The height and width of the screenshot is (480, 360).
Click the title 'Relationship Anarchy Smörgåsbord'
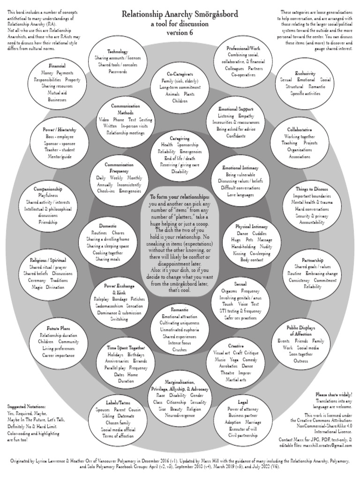(x=180, y=14)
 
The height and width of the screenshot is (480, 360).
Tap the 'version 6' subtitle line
(x=180, y=32)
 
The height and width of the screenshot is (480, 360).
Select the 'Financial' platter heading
(x=57, y=66)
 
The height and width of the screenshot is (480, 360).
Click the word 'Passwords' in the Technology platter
(x=118, y=72)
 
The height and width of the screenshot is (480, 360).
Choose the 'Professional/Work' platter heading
(x=244, y=48)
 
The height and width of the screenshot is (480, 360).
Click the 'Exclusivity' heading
(x=305, y=73)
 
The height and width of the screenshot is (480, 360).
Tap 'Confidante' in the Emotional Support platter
(x=236, y=136)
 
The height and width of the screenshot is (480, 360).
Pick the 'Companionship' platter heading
(x=48, y=189)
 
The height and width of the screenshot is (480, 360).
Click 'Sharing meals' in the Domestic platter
(x=108, y=259)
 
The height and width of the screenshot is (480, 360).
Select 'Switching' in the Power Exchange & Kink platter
(x=119, y=319)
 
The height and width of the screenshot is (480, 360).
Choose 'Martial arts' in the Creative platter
(x=237, y=379)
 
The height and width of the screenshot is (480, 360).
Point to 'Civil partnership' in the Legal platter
(x=243, y=435)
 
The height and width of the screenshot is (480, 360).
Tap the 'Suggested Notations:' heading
(x=27, y=406)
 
